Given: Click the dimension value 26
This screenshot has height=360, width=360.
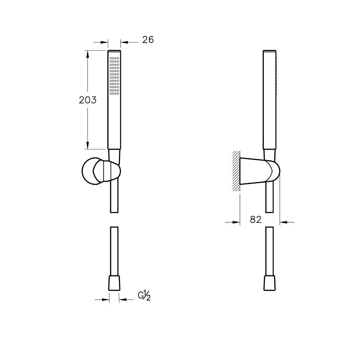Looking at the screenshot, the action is [148, 40].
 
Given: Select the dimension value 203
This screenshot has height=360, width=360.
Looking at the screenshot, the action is [87, 100].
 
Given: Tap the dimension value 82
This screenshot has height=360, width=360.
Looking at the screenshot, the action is [256, 220].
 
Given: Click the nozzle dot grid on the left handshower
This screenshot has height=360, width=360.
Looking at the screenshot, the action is [114, 76].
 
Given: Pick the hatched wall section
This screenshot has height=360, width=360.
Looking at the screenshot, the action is [236, 171].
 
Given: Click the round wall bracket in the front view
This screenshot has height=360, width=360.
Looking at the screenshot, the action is [101, 171].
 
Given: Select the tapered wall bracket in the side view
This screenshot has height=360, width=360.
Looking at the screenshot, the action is [260, 171].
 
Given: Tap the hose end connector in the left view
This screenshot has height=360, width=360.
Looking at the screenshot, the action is [114, 283].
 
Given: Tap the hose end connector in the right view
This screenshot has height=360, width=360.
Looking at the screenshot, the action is [269, 283].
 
